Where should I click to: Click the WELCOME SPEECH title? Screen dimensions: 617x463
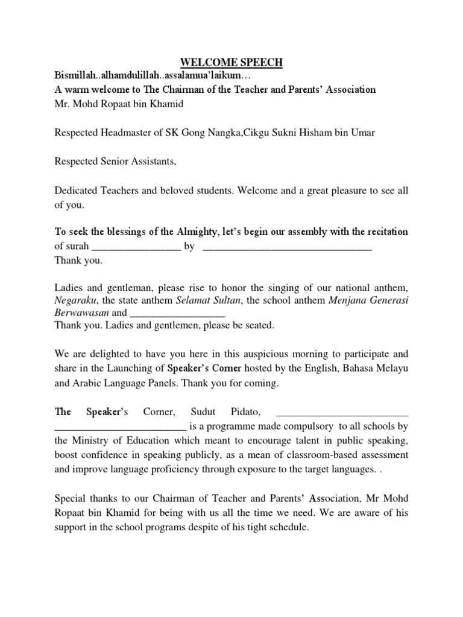231,63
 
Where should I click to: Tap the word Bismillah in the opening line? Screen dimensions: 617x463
77,76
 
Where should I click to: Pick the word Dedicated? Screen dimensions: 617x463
76,190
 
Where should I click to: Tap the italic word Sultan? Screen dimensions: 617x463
226,300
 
